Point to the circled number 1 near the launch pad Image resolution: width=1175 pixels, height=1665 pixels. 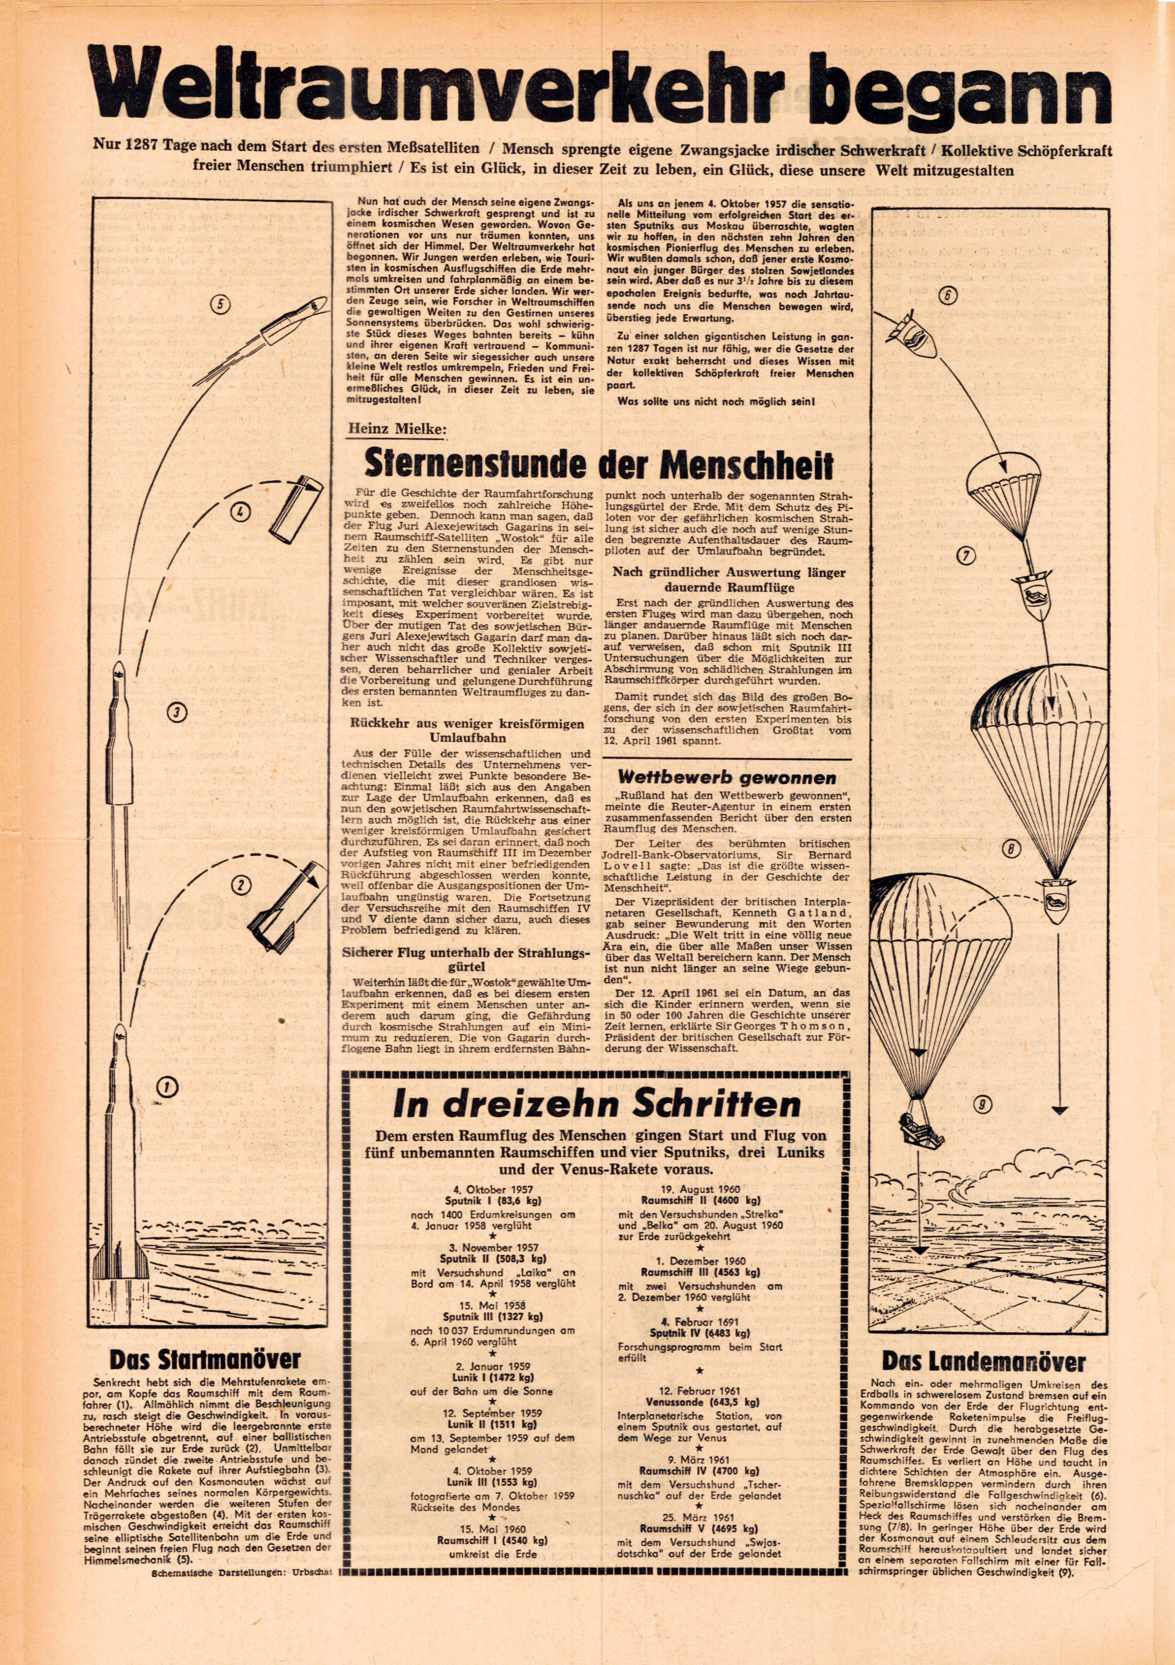point(168,1086)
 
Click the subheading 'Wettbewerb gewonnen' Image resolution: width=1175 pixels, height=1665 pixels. point(727,778)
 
